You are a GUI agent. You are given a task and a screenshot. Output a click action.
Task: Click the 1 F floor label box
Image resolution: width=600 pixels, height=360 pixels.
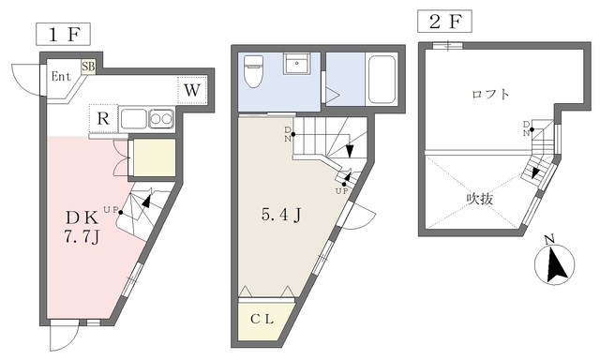(63, 35)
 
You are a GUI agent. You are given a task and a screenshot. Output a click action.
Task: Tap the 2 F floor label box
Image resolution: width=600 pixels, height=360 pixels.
(444, 22)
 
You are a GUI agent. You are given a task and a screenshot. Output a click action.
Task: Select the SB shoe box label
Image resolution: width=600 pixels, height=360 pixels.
(88, 67)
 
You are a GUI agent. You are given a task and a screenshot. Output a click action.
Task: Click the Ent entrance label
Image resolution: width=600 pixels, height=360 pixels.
(61, 77)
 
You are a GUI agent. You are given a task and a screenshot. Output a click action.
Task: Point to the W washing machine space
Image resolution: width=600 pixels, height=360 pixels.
(192, 90)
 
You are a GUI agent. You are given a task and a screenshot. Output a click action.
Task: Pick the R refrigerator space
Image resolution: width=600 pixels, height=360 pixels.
(103, 119)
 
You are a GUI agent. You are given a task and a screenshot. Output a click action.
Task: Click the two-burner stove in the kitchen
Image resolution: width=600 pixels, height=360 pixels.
(162, 119)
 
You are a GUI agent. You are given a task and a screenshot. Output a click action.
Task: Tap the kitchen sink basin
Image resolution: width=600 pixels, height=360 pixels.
(134, 119)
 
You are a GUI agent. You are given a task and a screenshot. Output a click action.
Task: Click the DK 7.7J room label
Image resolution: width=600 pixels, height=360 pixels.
(82, 228)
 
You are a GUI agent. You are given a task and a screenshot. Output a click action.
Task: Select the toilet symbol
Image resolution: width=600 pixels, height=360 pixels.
(253, 70)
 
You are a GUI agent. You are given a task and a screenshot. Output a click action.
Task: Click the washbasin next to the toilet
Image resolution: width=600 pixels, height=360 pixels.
(296, 64)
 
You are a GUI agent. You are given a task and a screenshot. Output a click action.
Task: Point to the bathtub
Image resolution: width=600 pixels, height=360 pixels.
(382, 80)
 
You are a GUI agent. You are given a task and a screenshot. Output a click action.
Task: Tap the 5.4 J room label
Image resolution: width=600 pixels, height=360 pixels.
(281, 216)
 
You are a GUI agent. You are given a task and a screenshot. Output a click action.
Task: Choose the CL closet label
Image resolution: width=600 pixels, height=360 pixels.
(262, 320)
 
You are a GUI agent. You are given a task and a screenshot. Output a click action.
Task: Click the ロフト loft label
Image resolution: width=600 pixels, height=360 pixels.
(490, 94)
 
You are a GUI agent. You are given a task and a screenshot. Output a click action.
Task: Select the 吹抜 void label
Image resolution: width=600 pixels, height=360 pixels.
(479, 199)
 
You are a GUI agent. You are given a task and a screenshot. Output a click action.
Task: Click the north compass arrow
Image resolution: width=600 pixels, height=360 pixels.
(556, 264)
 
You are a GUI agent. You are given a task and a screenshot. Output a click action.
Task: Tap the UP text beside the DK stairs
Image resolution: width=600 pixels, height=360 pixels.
(110, 209)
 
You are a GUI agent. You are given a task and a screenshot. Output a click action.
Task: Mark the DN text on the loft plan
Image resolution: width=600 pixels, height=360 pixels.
(527, 128)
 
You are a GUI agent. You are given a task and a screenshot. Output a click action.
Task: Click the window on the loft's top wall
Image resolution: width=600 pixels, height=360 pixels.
(448, 46)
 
